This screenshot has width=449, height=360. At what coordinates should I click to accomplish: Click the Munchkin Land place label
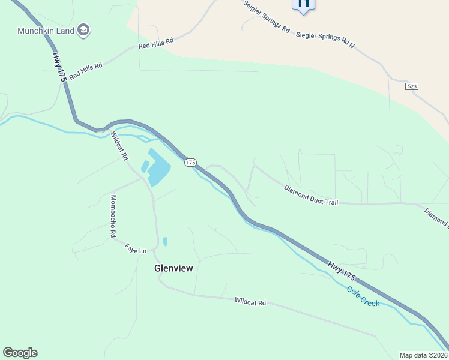(x=45, y=31)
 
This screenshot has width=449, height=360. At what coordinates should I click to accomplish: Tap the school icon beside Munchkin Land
(x=83, y=31)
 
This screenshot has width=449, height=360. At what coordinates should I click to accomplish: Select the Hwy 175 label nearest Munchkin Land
(x=58, y=67)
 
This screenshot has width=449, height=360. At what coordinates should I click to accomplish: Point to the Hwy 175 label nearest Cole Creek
(x=342, y=269)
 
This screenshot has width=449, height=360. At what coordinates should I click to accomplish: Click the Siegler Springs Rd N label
(x=325, y=41)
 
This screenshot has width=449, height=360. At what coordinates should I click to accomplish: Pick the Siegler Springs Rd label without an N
(x=266, y=16)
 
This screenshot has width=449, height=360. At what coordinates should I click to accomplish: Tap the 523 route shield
(x=411, y=86)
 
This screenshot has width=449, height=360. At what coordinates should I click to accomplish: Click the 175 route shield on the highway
(x=190, y=163)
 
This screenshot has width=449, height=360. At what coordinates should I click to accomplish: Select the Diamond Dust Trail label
(x=311, y=196)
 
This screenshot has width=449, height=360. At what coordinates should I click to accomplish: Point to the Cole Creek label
(x=363, y=296)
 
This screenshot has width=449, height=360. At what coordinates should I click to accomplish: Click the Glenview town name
(x=174, y=268)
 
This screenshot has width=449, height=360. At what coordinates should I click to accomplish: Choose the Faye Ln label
(x=136, y=248)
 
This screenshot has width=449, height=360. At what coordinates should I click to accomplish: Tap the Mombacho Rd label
(x=112, y=217)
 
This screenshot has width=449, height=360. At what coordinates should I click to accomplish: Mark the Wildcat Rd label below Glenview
(x=250, y=302)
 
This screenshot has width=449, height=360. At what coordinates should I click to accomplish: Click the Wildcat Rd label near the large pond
(x=119, y=147)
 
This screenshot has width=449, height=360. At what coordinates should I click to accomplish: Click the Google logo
(x=20, y=353)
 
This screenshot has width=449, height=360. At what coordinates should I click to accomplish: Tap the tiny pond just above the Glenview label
(x=165, y=241)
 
